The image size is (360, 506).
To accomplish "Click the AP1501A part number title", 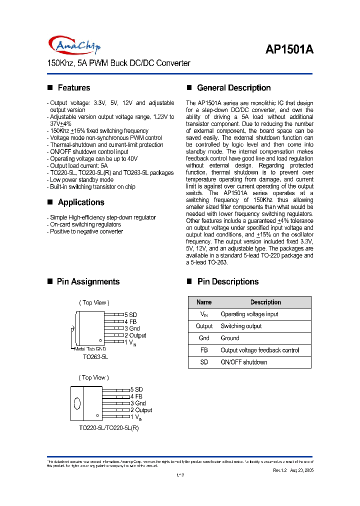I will (x=288, y=50).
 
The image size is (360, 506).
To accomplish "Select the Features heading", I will (x=73, y=88).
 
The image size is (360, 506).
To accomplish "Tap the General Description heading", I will (x=233, y=88).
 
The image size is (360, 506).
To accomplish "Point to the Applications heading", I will (x=80, y=202).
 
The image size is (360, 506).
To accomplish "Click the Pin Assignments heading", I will (x=88, y=282).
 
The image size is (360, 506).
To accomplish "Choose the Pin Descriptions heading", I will (x=227, y=282).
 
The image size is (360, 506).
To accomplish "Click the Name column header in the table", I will (x=204, y=302).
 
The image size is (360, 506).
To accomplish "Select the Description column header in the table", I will (x=265, y=302).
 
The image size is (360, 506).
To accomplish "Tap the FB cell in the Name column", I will (x=204, y=350).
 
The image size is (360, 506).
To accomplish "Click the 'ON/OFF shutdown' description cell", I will (x=244, y=362).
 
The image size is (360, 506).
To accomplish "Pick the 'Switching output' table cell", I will (x=241, y=326).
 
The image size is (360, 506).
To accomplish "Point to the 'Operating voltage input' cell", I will (x=249, y=314).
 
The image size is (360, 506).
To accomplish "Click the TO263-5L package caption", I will (x=95, y=357).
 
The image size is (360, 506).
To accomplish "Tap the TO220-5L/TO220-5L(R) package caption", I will (x=108, y=428).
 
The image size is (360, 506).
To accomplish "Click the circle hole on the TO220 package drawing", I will (x=77, y=403).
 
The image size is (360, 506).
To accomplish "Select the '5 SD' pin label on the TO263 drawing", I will (x=130, y=315).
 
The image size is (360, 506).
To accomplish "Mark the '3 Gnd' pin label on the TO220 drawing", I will (x=138, y=403).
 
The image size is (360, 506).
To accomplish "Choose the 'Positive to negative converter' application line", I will (x=85, y=231).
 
